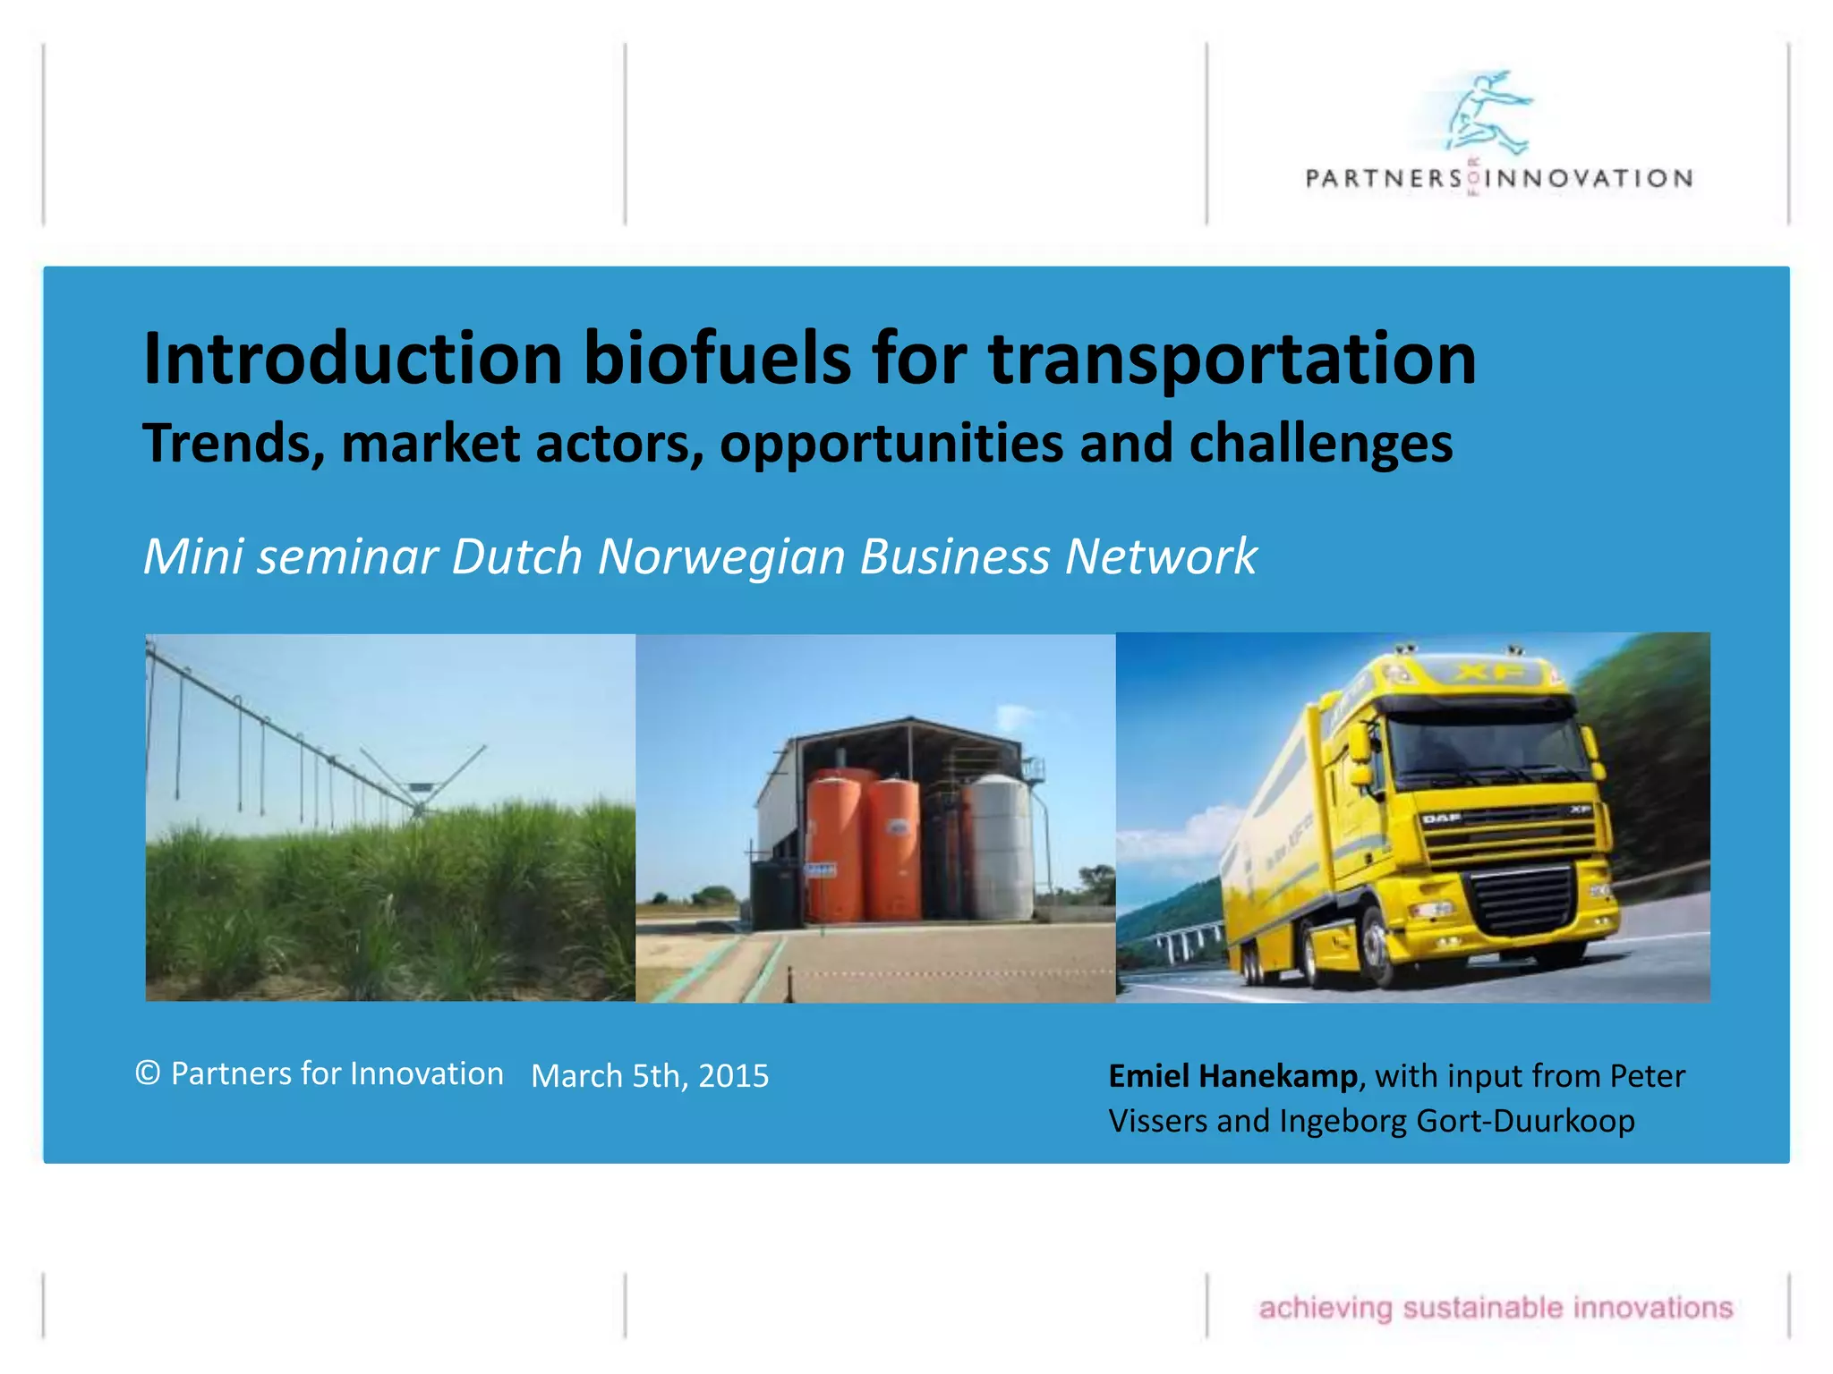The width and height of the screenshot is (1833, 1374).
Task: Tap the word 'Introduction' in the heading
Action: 353,358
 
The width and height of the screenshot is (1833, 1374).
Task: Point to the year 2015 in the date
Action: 733,1076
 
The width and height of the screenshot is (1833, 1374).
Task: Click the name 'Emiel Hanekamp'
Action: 1232,1076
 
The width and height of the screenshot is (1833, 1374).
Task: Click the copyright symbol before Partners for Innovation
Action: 148,1073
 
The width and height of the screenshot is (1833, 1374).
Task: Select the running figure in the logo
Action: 1487,112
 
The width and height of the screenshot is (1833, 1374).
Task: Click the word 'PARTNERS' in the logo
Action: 1383,179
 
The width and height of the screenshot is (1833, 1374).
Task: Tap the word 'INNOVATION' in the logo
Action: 1589,179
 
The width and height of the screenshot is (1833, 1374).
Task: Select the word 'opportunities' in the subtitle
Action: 891,444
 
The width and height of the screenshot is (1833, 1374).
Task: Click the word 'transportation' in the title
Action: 1232,358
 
